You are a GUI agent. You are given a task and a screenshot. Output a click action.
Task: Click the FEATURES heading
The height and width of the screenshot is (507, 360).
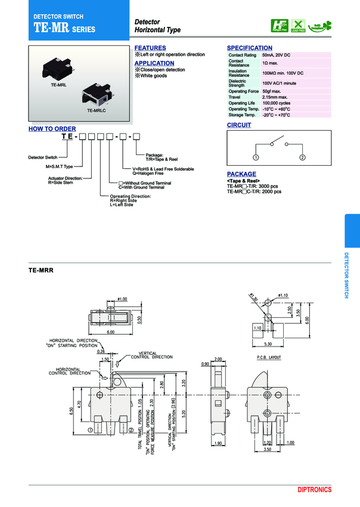tap(150, 48)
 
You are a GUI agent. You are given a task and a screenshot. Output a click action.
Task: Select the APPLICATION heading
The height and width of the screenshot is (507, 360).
tap(154, 63)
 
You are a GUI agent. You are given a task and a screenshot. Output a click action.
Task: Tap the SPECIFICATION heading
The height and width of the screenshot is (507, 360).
tap(250, 48)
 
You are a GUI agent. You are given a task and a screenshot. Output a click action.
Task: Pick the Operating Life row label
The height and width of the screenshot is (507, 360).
tap(241, 103)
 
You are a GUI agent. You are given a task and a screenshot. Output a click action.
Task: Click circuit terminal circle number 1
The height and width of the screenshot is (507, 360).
tap(255, 157)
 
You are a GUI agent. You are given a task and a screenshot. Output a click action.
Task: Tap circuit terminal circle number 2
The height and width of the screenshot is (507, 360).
tap(303, 157)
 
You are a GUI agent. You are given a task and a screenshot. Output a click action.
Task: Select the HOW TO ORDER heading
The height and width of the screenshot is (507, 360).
tap(52, 129)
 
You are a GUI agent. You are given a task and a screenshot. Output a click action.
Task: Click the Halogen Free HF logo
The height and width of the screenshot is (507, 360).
tap(279, 26)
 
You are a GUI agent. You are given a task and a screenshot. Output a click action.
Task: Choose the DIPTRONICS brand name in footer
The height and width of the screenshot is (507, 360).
tap(315, 490)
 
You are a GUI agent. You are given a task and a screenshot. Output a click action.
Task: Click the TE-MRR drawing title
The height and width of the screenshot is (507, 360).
tap(41, 270)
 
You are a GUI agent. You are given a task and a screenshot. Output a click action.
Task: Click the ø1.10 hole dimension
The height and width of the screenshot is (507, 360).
tap(283, 295)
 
